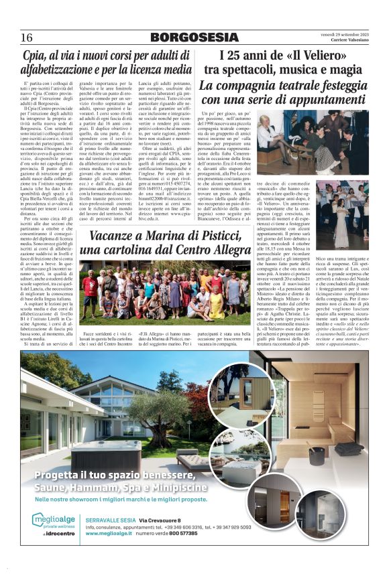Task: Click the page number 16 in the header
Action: coord(27,37)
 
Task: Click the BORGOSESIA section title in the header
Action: coord(194,37)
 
